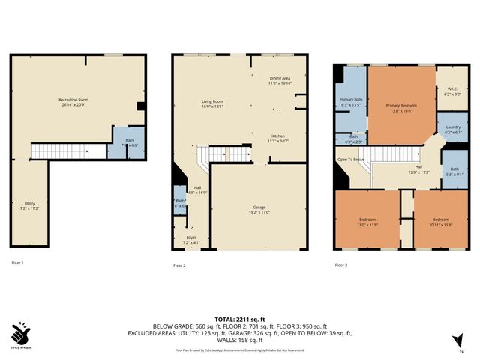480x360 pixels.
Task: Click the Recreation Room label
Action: (x=74, y=101)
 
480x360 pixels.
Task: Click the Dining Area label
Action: (x=280, y=80)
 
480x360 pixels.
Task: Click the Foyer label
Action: (x=191, y=240)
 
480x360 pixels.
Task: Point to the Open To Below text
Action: (x=351, y=160)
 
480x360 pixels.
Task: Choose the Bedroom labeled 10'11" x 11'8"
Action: (x=441, y=221)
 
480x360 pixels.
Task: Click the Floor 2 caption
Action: (x=179, y=265)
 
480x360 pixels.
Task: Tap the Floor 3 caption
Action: (x=340, y=265)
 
